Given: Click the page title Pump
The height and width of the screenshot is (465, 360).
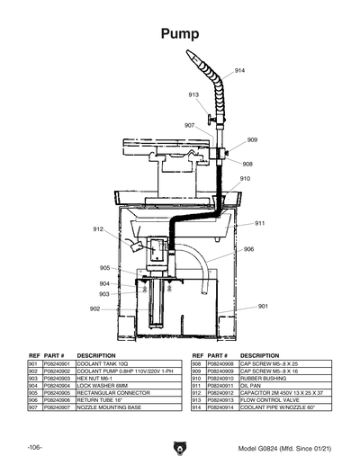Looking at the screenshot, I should click(179, 34).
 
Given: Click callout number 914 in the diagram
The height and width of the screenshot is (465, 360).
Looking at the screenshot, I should click(240, 70).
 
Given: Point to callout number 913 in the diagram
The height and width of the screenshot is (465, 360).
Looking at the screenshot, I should click(193, 94).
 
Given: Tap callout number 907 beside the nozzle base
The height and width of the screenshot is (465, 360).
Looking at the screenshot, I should click(190, 125).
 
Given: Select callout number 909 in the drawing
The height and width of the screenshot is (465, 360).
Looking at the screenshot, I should click(252, 139).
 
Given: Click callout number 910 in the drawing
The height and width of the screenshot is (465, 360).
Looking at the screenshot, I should click(245, 179).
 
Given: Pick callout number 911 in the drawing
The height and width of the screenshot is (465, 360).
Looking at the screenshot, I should click(259, 223).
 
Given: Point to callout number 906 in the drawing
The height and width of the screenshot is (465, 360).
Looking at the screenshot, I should click(248, 249).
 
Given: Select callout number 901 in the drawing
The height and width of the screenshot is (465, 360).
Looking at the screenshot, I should click(263, 307).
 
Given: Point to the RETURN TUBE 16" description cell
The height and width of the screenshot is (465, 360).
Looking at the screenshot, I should click(100, 400).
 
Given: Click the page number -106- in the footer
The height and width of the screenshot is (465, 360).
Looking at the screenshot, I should click(35, 447).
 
